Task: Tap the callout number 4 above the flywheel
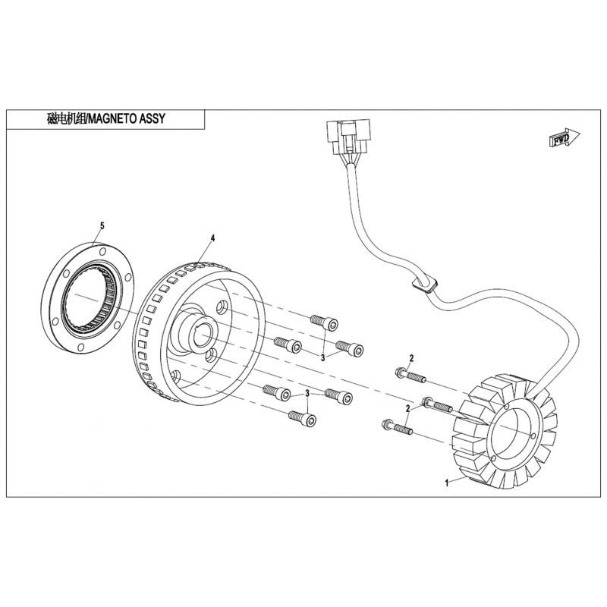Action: point(212,238)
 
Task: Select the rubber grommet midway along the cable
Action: point(423,285)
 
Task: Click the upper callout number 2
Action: point(411,358)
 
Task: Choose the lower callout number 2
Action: point(407,408)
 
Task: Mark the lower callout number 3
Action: point(307,393)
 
